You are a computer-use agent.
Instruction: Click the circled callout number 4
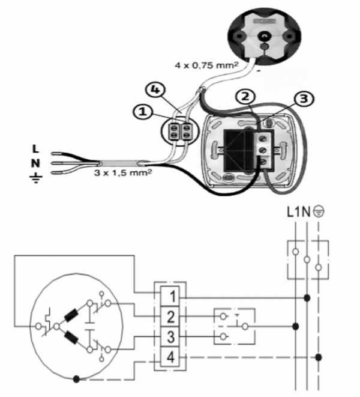[x=155, y=89]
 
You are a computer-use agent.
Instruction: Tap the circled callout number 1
[x=143, y=112]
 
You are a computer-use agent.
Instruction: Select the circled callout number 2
[x=245, y=97]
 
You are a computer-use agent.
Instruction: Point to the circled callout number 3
[x=304, y=98]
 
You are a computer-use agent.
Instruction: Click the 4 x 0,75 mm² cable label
[x=206, y=65]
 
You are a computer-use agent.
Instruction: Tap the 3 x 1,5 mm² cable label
[x=123, y=173]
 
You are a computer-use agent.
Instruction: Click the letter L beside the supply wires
[x=35, y=149]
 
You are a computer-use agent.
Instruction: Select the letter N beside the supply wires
[x=35, y=163]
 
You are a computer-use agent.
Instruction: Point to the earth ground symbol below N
[x=35, y=178]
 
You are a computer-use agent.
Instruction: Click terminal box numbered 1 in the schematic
[x=170, y=296]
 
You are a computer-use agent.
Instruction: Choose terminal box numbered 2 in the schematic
[x=170, y=317]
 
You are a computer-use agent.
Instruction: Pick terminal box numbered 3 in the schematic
[x=170, y=337]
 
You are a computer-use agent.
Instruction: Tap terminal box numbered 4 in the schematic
[x=170, y=357]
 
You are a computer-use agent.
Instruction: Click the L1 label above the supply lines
[x=294, y=211]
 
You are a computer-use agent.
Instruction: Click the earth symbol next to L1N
[x=319, y=211]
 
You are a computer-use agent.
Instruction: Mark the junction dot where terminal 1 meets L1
[x=307, y=298]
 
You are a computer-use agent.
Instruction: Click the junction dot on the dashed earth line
[x=319, y=357]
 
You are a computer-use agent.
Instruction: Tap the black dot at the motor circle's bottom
[x=76, y=379]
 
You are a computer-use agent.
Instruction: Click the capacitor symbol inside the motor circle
[x=89, y=326]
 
